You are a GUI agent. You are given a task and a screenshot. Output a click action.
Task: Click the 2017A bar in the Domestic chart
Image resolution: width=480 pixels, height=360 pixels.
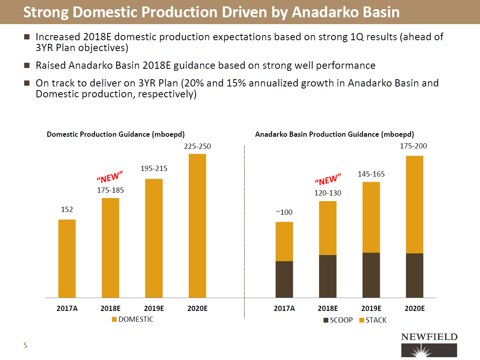(67, 258)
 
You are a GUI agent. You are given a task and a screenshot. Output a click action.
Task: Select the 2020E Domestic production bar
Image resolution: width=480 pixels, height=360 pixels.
(197, 225)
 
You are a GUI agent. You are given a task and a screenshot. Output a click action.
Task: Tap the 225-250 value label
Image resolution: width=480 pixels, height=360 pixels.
(197, 147)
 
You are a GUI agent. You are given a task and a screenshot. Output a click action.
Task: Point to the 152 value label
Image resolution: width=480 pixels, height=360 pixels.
(67, 210)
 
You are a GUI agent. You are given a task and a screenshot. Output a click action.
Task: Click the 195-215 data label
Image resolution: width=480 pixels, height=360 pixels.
(154, 169)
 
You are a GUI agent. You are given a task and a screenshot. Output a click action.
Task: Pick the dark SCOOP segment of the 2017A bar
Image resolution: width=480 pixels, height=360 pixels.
(284, 279)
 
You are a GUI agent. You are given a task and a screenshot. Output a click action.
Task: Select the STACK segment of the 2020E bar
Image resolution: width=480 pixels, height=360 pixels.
(414, 204)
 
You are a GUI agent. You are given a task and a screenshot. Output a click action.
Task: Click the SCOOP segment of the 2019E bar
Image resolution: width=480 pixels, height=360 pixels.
(371, 275)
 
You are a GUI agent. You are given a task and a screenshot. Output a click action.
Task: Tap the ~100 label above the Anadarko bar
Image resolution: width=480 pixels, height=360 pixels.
(284, 212)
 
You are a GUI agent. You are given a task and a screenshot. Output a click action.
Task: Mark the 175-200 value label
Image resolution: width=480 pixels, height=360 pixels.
(413, 147)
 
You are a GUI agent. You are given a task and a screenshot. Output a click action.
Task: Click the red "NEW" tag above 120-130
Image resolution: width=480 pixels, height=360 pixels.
(328, 179)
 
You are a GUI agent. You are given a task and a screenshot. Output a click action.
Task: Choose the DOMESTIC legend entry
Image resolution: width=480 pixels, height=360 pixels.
(132, 319)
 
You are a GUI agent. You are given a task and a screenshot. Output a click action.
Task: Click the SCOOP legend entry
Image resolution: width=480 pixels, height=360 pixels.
(338, 320)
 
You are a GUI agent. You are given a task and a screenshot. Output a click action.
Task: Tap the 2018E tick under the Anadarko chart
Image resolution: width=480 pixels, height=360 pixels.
(328, 309)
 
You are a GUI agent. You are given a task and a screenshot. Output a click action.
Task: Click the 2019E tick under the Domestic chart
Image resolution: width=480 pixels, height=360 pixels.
(154, 309)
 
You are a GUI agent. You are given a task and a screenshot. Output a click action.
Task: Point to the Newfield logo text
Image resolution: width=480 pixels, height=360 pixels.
(429, 337)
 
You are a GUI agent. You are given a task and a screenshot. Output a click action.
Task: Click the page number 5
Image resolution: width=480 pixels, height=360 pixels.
(25, 345)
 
